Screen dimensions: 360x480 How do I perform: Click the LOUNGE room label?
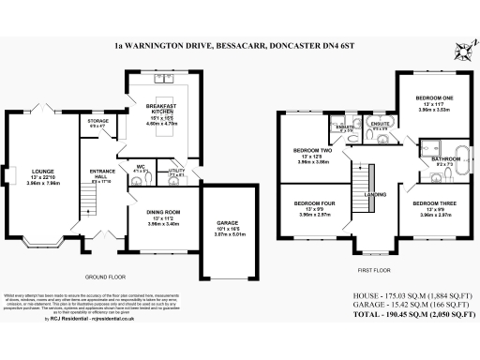pos(44,172)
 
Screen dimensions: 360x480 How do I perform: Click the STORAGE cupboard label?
pos(98,121)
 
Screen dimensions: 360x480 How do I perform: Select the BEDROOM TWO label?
pos(314,150)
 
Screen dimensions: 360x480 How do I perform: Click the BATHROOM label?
pos(443,160)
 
